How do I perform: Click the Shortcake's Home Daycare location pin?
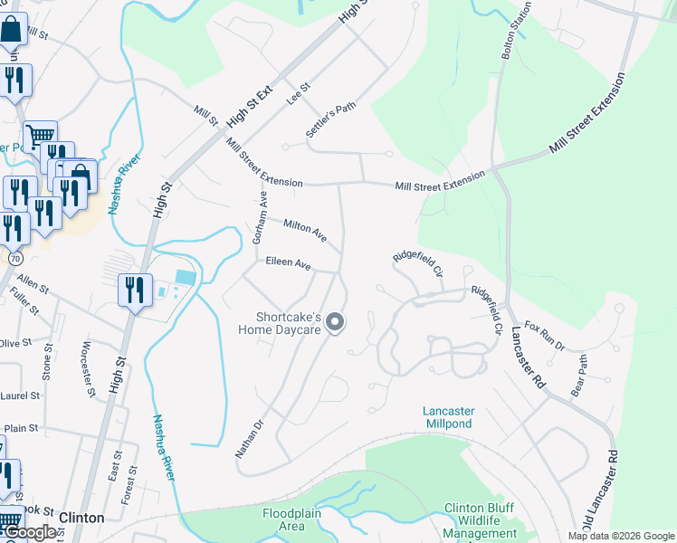(335, 322)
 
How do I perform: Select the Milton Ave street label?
(304, 229)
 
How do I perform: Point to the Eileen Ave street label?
(288, 265)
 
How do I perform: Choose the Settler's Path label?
(330, 119)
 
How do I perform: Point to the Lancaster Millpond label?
(448, 417)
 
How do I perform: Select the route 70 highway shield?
(15, 258)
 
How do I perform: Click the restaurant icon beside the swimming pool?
(134, 291)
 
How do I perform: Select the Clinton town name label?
(81, 518)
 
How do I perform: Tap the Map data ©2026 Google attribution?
(621, 536)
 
